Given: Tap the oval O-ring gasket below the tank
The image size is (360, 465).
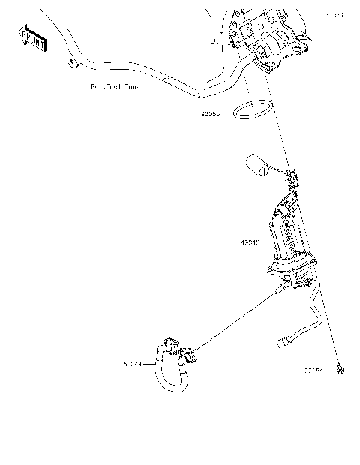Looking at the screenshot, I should click(x=253, y=111).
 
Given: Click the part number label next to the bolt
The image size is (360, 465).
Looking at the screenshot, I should click(x=315, y=370).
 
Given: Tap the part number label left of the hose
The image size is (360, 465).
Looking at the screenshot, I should click(x=133, y=364).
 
